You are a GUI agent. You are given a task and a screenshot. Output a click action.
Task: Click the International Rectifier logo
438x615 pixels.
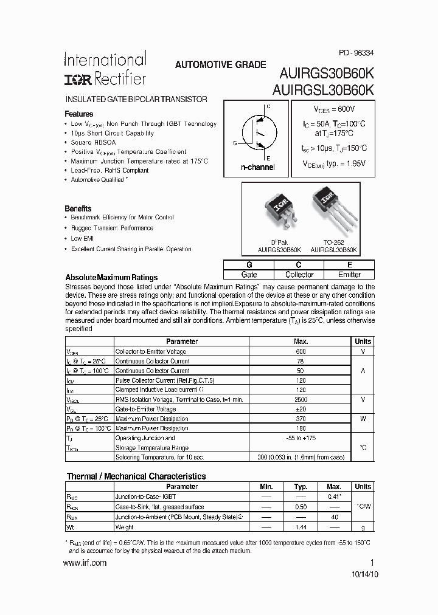click(x=105, y=69)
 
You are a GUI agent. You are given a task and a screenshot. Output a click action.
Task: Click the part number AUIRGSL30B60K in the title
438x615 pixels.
click(x=323, y=89)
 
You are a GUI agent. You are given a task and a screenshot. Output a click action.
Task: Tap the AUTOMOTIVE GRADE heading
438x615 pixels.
click(x=220, y=64)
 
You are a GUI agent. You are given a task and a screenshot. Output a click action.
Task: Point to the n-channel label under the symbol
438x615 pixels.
click(x=257, y=167)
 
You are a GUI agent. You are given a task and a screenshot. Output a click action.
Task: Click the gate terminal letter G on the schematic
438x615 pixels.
click(x=235, y=143)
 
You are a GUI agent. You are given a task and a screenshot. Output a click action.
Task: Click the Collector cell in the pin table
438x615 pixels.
click(x=299, y=275)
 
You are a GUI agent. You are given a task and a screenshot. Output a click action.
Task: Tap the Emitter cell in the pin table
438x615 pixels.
click(x=350, y=275)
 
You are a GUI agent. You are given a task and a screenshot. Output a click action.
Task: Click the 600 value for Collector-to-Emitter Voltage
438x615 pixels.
click(x=301, y=351)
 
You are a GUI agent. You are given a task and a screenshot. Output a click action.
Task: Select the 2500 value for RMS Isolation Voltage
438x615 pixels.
click(x=301, y=399)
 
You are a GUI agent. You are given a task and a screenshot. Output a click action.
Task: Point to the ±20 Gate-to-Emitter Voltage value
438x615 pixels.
click(x=301, y=409)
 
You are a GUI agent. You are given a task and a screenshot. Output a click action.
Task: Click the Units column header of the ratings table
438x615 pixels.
click(x=363, y=342)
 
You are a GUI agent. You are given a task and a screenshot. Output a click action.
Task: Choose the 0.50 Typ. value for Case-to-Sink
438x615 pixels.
click(x=301, y=507)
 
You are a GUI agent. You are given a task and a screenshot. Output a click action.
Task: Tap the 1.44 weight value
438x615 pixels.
click(x=301, y=527)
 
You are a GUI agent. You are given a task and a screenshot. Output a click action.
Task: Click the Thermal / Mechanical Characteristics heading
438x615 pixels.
click(x=136, y=476)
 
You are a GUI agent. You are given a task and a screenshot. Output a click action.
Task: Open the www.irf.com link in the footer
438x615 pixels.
click(x=85, y=563)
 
